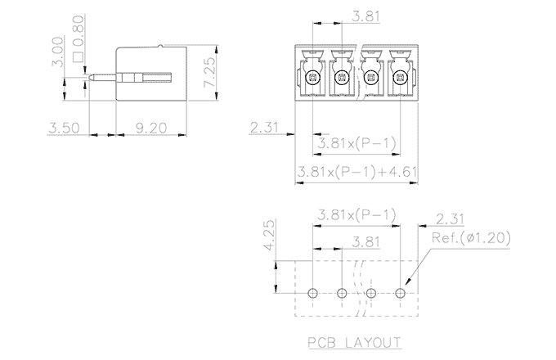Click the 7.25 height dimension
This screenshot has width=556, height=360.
click(x=210, y=74)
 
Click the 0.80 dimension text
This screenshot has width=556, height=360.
click(x=79, y=30)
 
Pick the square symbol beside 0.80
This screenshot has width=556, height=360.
click(x=79, y=57)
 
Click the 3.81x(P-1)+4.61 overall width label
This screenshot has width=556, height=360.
click(x=352, y=173)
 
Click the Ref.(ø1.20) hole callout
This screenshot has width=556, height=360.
click(x=471, y=240)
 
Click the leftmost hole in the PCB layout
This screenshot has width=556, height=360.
click(x=312, y=293)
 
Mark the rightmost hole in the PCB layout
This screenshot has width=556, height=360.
click(x=401, y=293)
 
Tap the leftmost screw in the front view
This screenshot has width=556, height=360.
click(x=312, y=79)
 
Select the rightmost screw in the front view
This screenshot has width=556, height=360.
click(x=400, y=79)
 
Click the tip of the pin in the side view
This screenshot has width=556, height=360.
click(x=92, y=79)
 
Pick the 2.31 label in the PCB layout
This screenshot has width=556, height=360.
click(x=451, y=219)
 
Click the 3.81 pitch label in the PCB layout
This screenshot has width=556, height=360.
click(x=365, y=242)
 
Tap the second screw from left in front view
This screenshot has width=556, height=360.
click(x=341, y=79)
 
